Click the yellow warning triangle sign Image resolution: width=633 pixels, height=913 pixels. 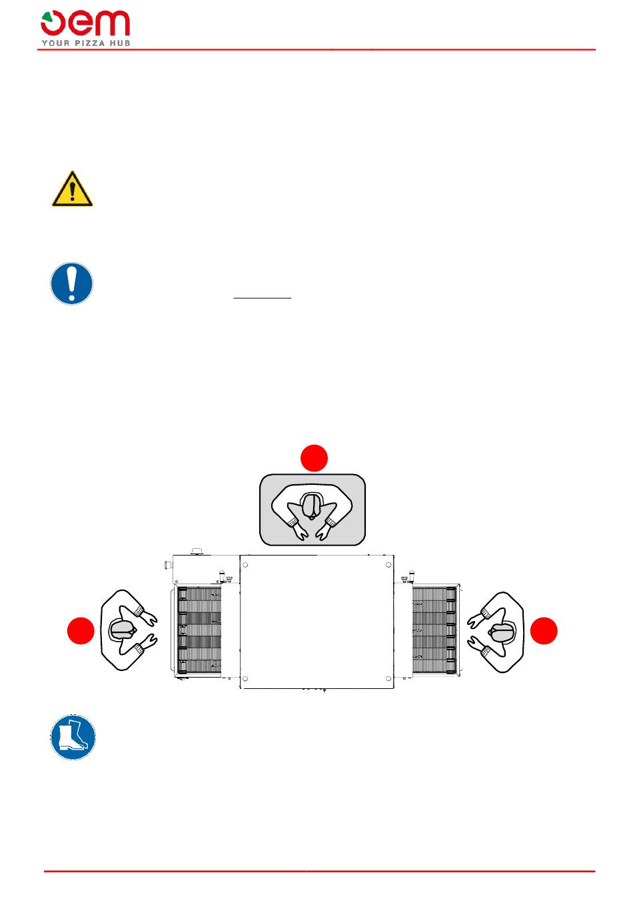pyautogui.click(x=72, y=189)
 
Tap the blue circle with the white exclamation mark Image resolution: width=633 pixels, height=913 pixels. pyautogui.click(x=72, y=283)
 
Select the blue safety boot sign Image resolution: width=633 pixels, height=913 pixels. pyautogui.click(x=73, y=738)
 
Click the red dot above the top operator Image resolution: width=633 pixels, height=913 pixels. pyautogui.click(x=314, y=458)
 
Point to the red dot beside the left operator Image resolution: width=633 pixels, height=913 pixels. pyautogui.click(x=81, y=630)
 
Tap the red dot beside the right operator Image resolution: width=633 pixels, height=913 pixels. pyautogui.click(x=544, y=630)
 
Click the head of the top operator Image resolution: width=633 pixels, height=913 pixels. pyautogui.click(x=313, y=506)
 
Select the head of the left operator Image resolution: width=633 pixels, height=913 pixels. pyautogui.click(x=121, y=630)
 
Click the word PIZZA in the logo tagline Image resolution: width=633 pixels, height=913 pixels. pyautogui.click(x=89, y=43)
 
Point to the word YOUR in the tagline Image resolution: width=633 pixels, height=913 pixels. pyautogui.click(x=56, y=43)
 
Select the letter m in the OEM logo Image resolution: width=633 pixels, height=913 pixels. pyautogui.click(x=112, y=23)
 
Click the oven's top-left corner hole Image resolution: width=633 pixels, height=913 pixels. pyautogui.click(x=245, y=565)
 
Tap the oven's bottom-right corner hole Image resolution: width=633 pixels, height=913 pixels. pyautogui.click(x=388, y=679)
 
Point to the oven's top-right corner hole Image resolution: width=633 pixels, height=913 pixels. pyautogui.click(x=388, y=565)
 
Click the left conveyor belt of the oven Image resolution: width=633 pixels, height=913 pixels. pyautogui.click(x=199, y=631)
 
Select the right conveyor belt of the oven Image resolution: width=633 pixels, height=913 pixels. pyautogui.click(x=434, y=630)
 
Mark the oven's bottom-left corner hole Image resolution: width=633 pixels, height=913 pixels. pyautogui.click(x=245, y=679)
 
